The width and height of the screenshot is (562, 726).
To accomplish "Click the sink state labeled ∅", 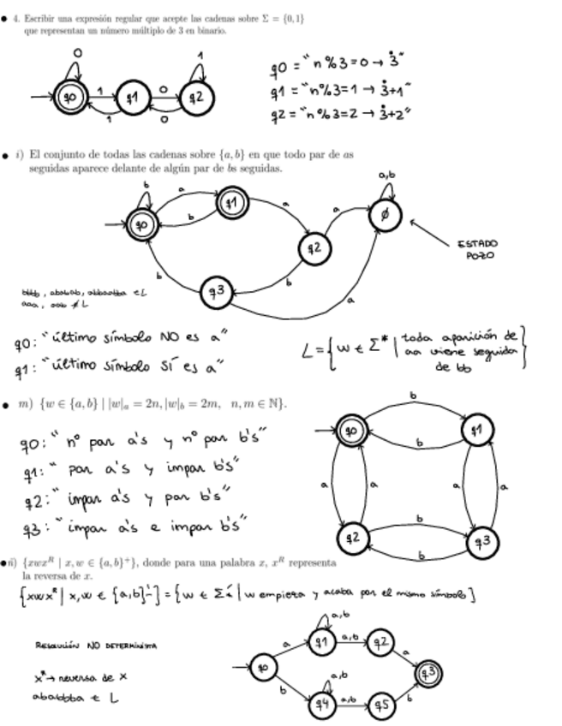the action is coord(385,216).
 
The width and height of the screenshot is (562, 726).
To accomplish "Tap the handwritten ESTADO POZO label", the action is coord(480,249).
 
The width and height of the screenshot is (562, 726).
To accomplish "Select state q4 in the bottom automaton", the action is coord(321,704).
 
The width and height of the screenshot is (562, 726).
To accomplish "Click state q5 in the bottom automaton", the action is coord(383,704).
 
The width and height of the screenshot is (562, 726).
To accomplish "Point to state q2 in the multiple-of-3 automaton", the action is coord(195,97).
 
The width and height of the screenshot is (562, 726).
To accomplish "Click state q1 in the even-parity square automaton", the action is coord(479,430).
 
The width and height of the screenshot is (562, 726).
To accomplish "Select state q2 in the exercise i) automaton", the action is coord(314,248).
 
